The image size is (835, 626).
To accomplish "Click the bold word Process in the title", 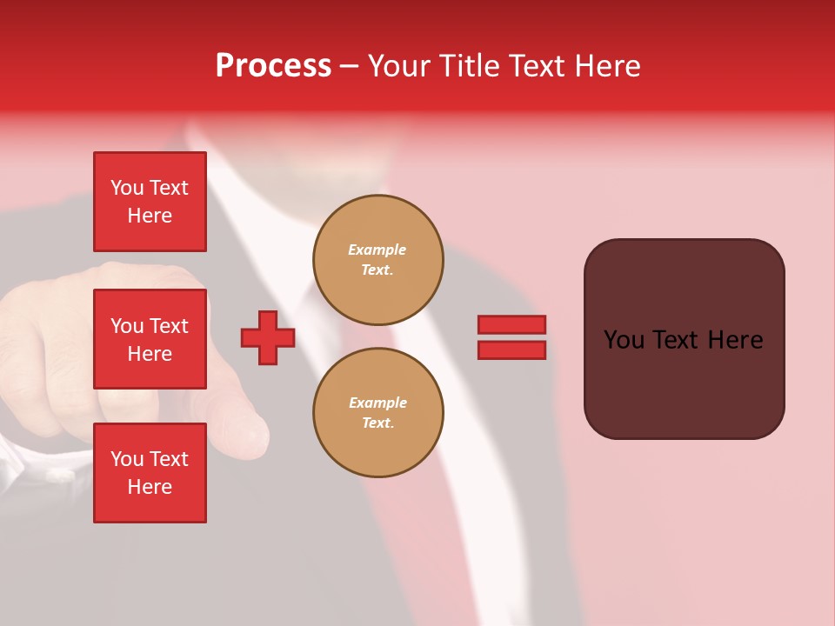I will (x=273, y=66).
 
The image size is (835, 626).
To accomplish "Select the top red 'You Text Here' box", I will (x=150, y=202).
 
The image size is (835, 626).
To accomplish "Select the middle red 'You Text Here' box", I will (x=150, y=339).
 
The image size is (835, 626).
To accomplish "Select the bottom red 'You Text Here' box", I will (x=150, y=472).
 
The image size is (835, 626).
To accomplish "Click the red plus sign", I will (x=268, y=337).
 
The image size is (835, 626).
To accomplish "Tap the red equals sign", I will (x=511, y=337).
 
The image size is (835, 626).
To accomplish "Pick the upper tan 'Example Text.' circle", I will (x=377, y=259).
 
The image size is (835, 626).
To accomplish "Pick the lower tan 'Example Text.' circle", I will (x=377, y=412).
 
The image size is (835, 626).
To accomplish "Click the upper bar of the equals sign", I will (x=511, y=324).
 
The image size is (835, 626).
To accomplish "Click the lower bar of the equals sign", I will (x=511, y=350).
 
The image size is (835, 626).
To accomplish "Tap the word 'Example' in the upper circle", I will (x=377, y=250).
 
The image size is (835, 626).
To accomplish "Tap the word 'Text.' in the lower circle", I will (x=377, y=423).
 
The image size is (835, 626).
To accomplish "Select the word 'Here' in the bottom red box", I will (x=150, y=487).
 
